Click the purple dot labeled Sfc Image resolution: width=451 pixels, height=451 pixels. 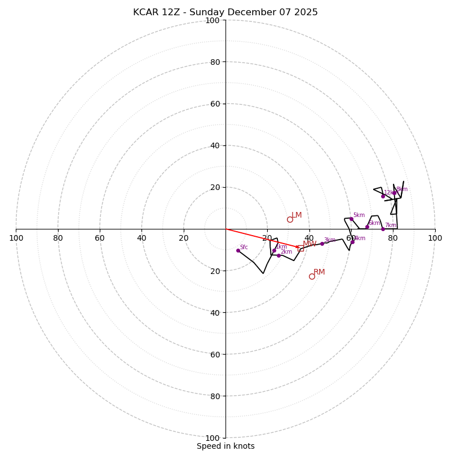(x=238, y=250)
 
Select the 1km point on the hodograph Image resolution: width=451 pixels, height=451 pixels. (x=275, y=250)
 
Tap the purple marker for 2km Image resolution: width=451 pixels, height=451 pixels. (x=278, y=255)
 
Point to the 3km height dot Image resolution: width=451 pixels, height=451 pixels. (x=322, y=244)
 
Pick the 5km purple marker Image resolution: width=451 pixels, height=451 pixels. (x=351, y=219)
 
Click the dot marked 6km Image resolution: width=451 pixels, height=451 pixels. (x=367, y=227)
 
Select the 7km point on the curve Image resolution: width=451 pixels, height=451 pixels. (x=383, y=229)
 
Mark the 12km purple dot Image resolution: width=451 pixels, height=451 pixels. (x=383, y=196)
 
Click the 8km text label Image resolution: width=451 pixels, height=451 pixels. (x=401, y=189)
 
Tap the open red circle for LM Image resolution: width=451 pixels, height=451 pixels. (x=290, y=220)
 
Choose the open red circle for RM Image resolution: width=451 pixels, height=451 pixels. (x=312, y=276)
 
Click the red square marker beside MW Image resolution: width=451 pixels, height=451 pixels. (x=301, y=249)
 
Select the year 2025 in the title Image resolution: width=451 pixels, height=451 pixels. (x=305, y=12)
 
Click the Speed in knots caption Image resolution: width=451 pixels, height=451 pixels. (x=225, y=446)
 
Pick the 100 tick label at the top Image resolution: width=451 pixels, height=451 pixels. (x=212, y=20)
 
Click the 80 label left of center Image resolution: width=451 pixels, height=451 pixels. (x=58, y=238)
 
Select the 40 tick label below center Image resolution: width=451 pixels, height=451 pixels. (x=212, y=312)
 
